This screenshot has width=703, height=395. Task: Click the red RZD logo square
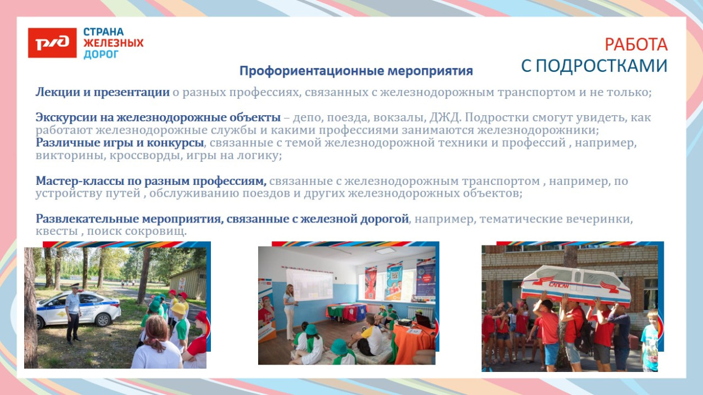coord(52,43)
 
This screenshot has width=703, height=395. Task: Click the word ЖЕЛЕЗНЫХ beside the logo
coord(114,43)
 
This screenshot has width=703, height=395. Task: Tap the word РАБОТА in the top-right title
coord(636,44)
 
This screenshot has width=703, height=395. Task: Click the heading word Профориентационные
coord(312,71)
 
